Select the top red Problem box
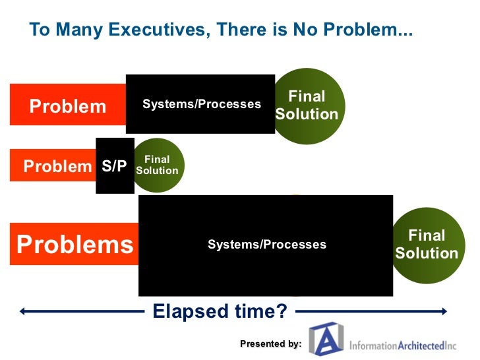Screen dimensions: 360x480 68,105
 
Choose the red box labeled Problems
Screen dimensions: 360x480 75,245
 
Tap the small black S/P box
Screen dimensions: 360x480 115,166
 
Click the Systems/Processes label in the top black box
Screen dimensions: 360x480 201,104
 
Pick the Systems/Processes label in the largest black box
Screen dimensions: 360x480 266,245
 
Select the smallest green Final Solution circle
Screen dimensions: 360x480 158,165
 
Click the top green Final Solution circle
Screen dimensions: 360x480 307,105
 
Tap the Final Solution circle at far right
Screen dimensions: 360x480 427,245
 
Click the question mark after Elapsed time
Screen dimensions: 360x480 282,311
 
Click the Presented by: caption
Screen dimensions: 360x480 270,344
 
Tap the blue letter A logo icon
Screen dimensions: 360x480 326,341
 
